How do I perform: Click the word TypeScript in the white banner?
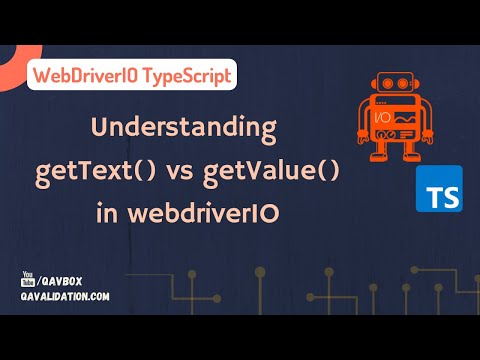pyautogui.click(x=188, y=76)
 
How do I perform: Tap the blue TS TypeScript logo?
pyautogui.click(x=438, y=189)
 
